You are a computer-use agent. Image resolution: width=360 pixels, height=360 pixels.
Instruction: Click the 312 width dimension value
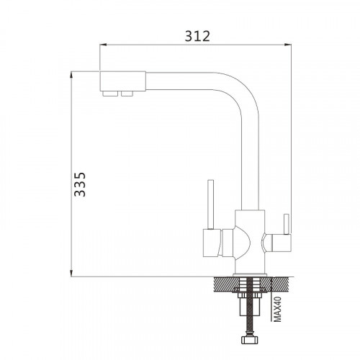point(197,36)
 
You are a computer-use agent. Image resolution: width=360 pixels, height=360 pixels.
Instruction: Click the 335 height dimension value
point(80,184)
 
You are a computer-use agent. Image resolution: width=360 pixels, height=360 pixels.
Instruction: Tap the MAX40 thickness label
point(277,309)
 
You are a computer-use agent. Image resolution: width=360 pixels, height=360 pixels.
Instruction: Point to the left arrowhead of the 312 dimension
point(103,45)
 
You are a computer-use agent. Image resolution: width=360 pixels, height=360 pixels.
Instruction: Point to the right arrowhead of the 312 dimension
point(288,45)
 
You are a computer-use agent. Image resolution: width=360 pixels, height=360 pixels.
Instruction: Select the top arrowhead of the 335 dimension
point(71,75)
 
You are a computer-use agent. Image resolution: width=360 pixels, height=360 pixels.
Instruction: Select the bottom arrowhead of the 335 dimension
point(71,273)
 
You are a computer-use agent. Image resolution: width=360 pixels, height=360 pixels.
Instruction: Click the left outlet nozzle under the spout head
point(110,94)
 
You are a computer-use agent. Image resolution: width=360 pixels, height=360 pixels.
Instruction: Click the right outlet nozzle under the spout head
point(127,94)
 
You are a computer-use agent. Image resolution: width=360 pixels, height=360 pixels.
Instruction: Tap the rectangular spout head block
point(122,81)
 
